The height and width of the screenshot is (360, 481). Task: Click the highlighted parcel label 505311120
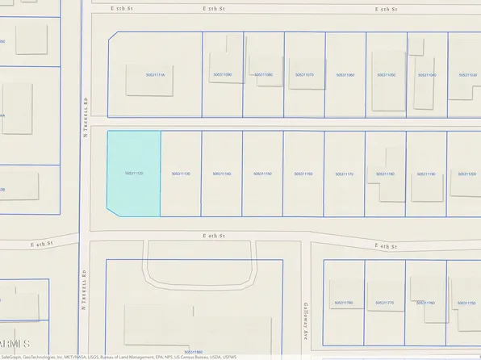tap(134, 174)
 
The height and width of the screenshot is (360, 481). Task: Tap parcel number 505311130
tap(181, 174)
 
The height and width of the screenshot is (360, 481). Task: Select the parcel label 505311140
tap(221, 174)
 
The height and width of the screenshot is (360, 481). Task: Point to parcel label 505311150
tap(262, 174)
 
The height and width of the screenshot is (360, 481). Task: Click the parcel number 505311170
tap(345, 174)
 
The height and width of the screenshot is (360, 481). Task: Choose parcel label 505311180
tap(385, 174)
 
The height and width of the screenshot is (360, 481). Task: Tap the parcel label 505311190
tap(426, 174)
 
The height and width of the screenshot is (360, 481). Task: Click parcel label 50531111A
tap(155, 75)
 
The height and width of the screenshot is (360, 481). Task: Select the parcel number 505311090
tap(222, 75)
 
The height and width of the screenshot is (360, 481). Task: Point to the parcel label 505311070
tap(304, 75)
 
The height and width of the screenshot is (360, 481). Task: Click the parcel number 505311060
tap(345, 75)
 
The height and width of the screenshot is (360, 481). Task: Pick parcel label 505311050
tap(387, 75)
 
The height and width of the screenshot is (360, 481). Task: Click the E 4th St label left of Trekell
tap(42, 244)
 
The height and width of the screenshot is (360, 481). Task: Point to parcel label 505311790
tap(344, 303)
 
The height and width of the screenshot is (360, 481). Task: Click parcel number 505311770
tap(385, 303)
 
